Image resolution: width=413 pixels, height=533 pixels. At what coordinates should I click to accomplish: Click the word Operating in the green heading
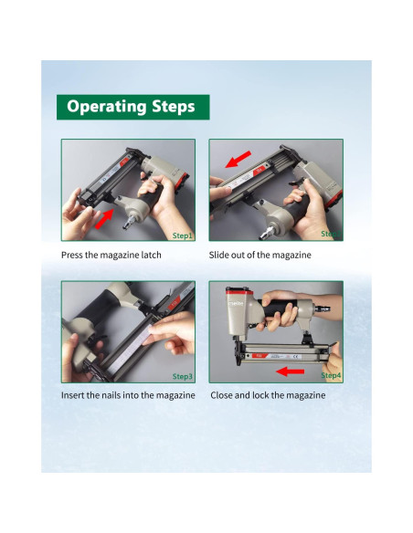coord(107,107)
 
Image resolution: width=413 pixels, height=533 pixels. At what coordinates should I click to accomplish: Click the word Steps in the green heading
coord(174,107)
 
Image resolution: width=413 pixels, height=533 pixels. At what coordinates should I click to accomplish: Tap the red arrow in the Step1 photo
coord(104,219)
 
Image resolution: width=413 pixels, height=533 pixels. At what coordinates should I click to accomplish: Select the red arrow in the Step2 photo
coord(238,159)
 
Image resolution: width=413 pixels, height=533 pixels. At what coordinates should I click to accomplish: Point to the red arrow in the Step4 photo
coord(290,371)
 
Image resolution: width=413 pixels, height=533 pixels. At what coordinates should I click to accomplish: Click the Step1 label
coord(183,235)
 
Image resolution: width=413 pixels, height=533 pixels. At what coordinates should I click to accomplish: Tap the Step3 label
coord(183,376)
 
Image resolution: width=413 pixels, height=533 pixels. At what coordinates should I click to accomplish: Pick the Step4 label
coord(331,375)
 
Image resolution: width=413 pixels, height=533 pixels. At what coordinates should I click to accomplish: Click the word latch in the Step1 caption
coord(152,255)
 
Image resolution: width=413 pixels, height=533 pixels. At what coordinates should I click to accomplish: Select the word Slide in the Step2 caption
coord(218,255)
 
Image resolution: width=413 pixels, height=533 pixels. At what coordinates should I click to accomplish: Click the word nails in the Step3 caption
coord(111,395)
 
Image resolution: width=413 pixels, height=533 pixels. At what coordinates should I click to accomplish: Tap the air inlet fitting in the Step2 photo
coord(267,234)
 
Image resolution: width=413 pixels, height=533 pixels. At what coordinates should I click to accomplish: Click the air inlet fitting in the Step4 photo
coord(322,308)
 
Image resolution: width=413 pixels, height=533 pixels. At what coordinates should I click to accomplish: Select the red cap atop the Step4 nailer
coord(239,291)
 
